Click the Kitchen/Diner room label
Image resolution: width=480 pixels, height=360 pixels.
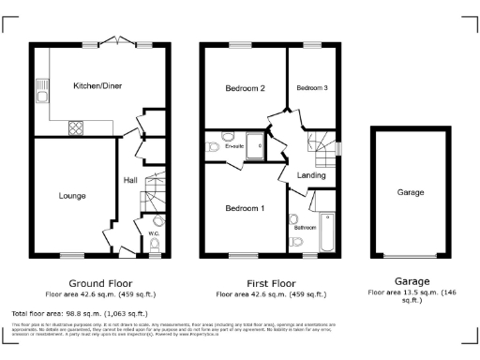click(98, 85)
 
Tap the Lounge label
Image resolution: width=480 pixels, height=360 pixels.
click(72, 195)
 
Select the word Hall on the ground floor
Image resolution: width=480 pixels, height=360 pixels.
click(131, 180)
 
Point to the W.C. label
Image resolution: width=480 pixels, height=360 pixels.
click(154, 230)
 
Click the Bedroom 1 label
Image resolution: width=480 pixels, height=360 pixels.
click(245, 207)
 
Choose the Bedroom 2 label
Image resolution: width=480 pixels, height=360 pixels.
click(246, 88)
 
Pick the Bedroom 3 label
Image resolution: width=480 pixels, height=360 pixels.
click(312, 87)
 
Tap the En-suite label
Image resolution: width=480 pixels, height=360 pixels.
click(232, 146)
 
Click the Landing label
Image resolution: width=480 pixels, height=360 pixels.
click(311, 175)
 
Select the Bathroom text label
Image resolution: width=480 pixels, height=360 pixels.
click(305, 227)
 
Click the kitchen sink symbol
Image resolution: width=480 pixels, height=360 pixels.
click(41, 91)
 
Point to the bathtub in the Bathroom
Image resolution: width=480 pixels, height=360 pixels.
click(328, 232)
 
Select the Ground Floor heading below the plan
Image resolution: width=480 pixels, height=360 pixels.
click(100, 282)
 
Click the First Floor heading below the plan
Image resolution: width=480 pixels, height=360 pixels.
click(273, 282)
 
